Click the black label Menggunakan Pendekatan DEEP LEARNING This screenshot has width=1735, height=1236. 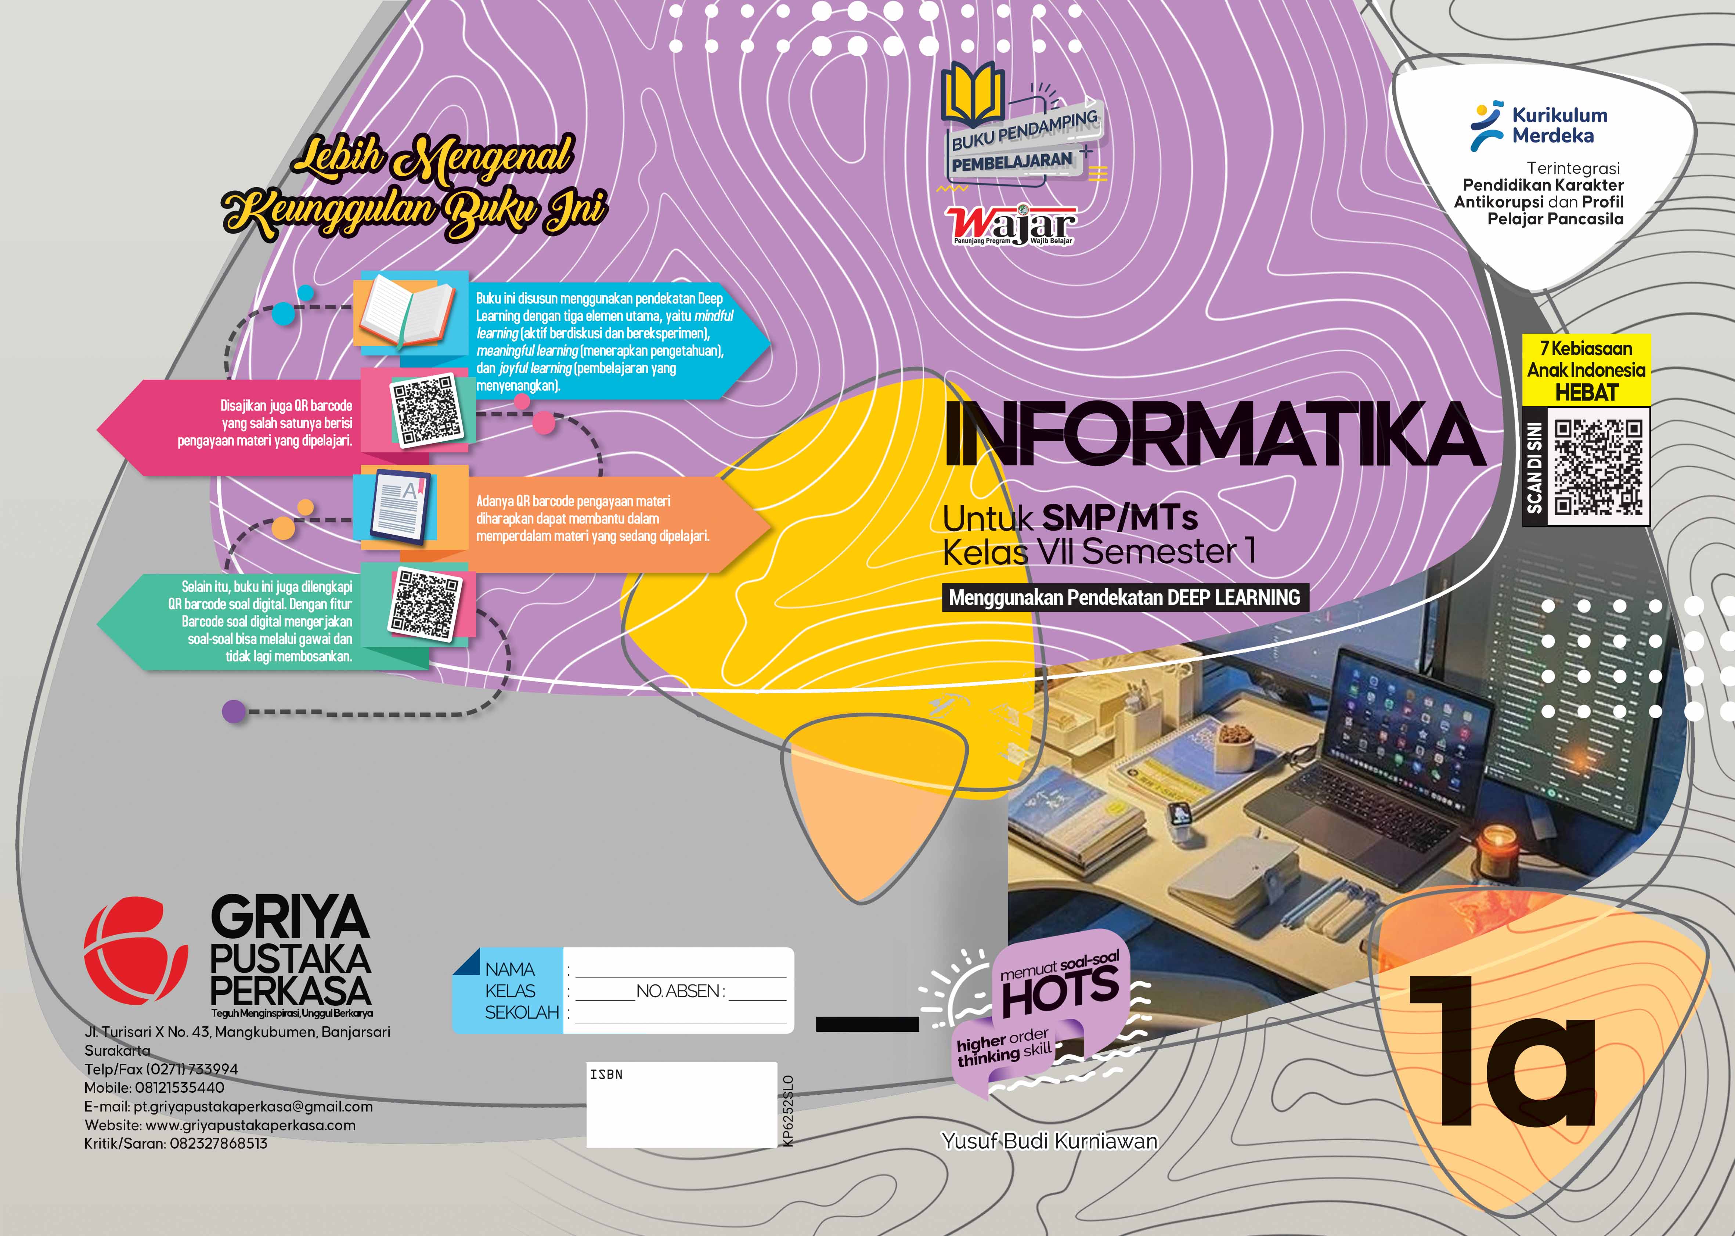pos(1125,597)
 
